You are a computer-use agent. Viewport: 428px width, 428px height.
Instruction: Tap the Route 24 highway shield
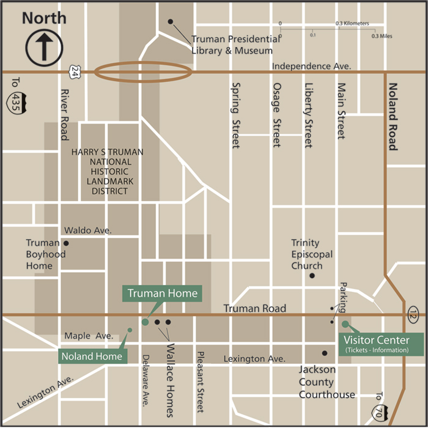tap(74, 72)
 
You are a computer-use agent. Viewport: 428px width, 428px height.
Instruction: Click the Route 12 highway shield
tap(414, 315)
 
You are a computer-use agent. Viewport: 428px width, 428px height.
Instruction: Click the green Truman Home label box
tap(162, 293)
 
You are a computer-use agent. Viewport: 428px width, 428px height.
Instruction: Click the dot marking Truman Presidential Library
tap(171, 22)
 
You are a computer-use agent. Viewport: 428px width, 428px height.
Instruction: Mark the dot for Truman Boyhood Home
tap(66, 243)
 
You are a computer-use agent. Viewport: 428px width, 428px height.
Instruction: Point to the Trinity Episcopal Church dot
tap(311, 276)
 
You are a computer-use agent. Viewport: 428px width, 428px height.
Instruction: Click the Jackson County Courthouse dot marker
tap(324, 353)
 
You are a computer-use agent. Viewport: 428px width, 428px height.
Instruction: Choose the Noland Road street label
tap(393, 116)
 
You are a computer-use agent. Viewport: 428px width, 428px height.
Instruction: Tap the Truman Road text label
tap(254, 309)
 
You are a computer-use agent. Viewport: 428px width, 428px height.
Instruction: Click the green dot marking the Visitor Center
tap(345, 324)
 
